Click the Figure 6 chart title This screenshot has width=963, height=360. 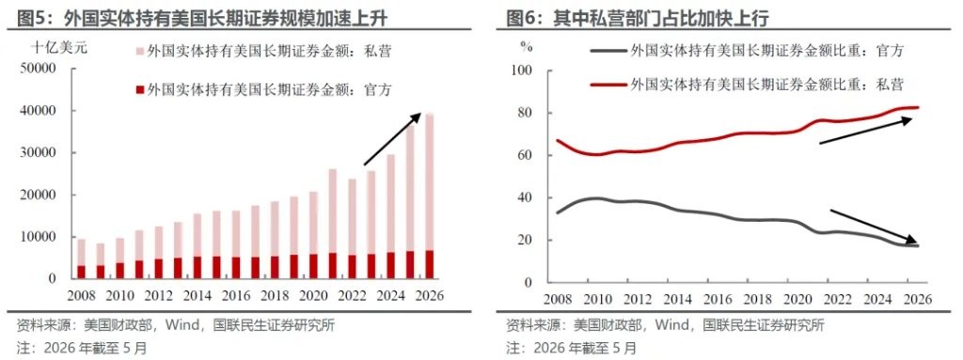coord(638,20)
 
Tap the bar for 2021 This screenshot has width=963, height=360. coord(333,224)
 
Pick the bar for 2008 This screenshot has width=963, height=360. coord(81,258)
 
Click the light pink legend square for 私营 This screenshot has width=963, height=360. coord(139,52)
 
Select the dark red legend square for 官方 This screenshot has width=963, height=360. coord(139,90)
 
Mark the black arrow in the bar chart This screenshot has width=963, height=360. coord(392,139)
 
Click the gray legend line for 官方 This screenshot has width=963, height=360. coord(608,52)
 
